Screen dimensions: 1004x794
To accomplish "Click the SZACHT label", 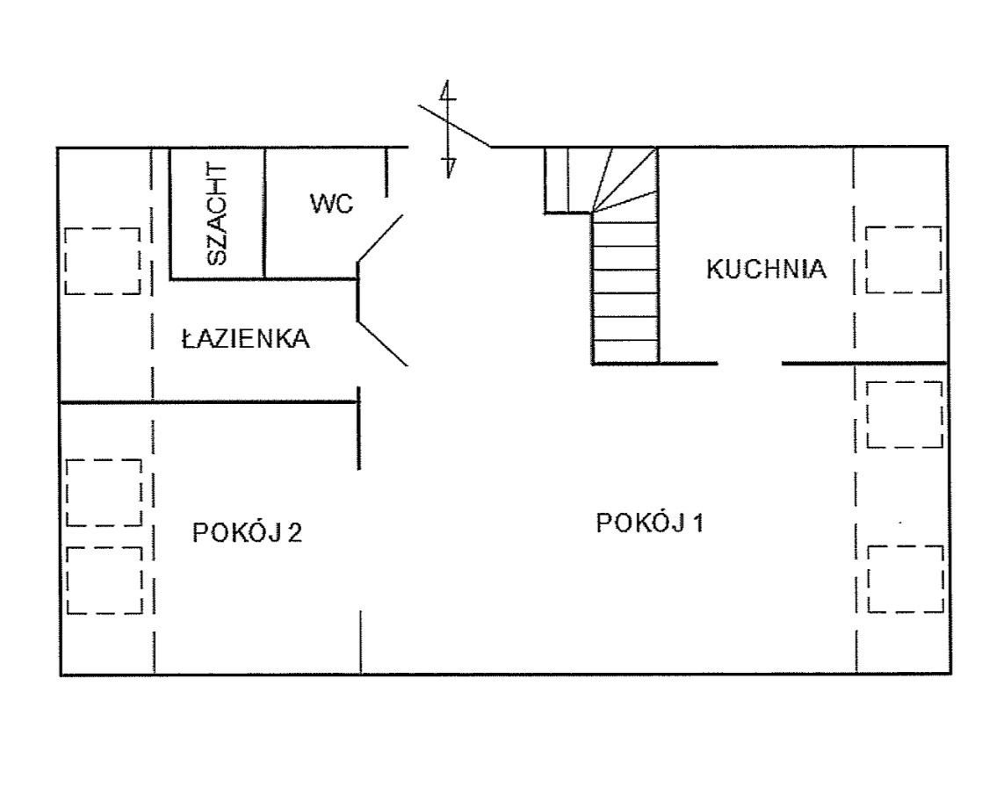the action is [218, 214].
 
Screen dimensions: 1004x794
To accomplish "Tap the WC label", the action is [332, 204].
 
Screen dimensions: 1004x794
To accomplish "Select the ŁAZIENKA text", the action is [246, 338].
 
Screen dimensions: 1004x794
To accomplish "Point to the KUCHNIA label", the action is [767, 269].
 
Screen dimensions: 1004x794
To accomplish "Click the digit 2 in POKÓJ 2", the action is [294, 533].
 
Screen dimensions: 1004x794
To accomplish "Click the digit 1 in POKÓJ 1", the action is [697, 523].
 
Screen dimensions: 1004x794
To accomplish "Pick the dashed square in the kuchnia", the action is [904, 259].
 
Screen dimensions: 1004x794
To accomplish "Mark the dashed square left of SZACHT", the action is [103, 261].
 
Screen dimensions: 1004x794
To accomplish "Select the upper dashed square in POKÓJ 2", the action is [104, 493].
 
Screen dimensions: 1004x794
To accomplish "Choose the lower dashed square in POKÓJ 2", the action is [105, 581].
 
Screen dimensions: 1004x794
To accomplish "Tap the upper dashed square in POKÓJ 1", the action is [905, 415].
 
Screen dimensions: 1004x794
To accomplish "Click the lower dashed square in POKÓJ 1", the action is [906, 579].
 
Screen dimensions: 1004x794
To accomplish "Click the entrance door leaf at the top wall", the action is [455, 126].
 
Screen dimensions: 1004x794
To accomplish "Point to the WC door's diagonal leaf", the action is [380, 238].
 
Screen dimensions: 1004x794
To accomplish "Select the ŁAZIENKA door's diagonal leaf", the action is [382, 343].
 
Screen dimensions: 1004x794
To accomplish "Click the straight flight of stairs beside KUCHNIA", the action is [625, 288].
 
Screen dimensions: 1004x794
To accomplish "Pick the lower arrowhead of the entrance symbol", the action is [449, 167].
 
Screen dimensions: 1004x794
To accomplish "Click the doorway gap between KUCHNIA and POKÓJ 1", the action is [750, 364].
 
